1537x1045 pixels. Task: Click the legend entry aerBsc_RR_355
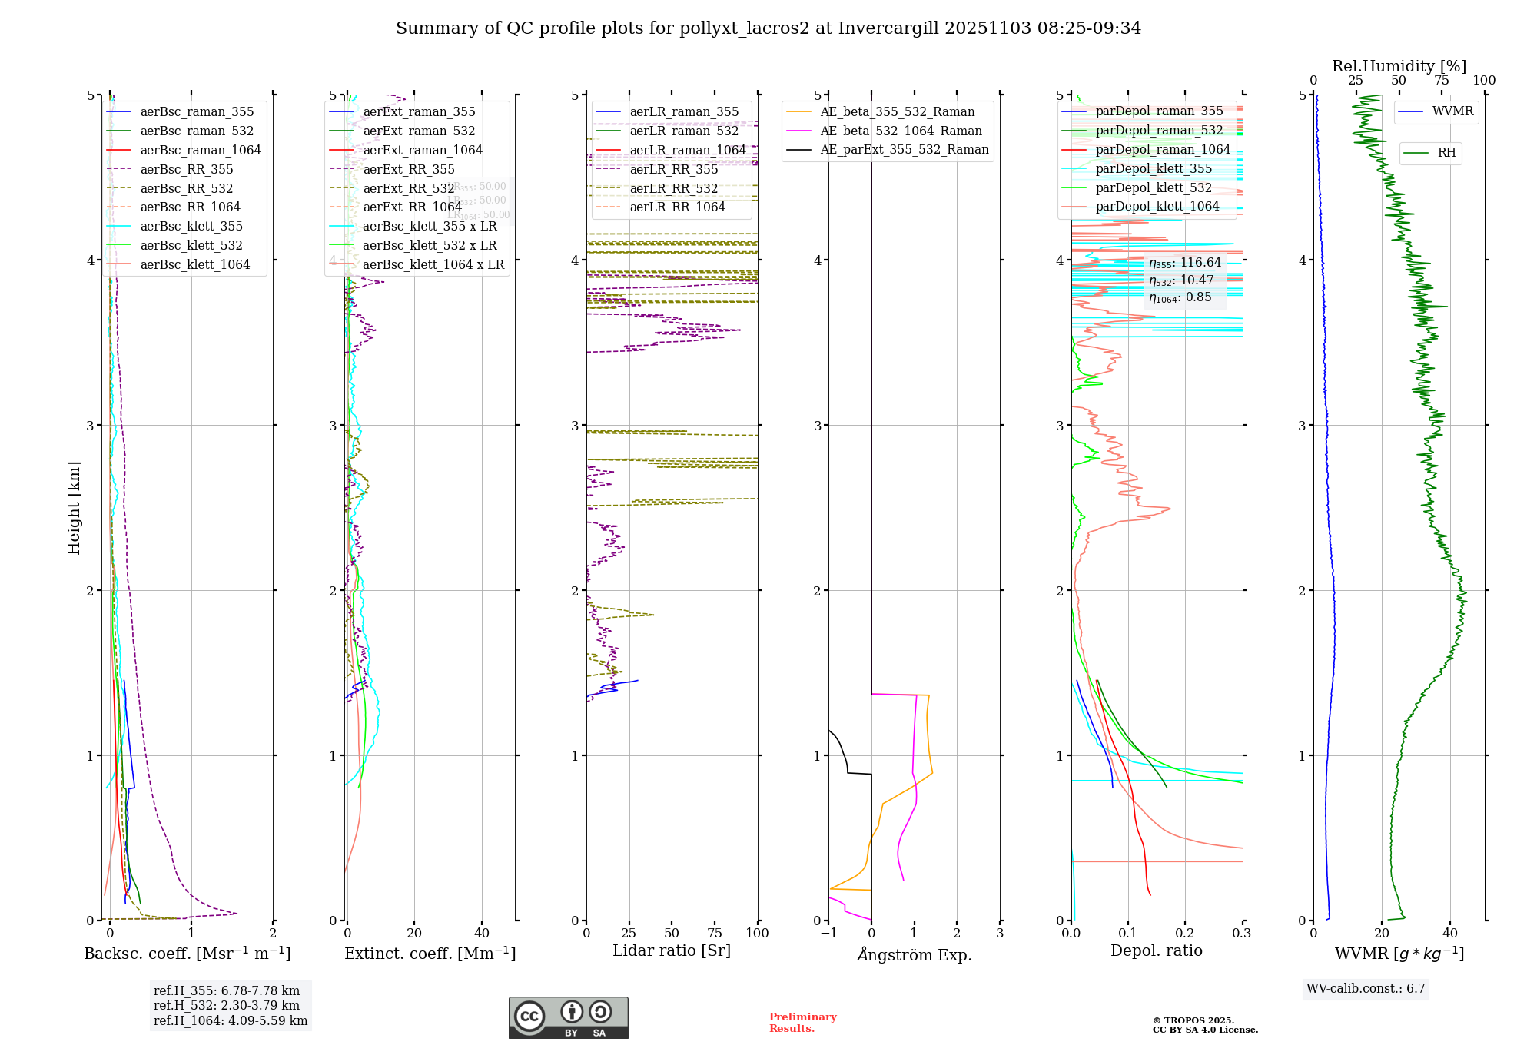click(186, 169)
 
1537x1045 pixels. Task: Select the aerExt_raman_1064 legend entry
click(423, 150)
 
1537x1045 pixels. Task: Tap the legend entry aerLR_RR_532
click(673, 188)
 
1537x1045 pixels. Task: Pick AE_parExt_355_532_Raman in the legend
click(904, 149)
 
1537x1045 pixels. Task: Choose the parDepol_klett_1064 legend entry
click(1157, 206)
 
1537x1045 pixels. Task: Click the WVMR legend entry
click(1452, 111)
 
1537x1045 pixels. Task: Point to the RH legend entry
click(1446, 153)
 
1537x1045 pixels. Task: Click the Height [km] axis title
click(74, 508)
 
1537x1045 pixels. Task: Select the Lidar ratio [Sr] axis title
click(671, 950)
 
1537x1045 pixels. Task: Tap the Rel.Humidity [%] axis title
click(1399, 66)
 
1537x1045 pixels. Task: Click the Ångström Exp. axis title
click(914, 954)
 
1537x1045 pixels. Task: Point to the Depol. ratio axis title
click(1156, 950)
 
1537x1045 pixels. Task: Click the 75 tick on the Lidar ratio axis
click(715, 933)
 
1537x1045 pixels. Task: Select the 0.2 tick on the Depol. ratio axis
click(1185, 933)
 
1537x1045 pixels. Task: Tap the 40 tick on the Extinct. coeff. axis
click(482, 933)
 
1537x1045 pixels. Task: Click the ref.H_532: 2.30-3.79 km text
click(226, 1005)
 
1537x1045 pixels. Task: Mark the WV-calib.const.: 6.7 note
click(1366, 988)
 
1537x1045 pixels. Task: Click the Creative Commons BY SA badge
click(568, 1017)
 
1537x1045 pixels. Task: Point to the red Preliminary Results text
click(802, 1022)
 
